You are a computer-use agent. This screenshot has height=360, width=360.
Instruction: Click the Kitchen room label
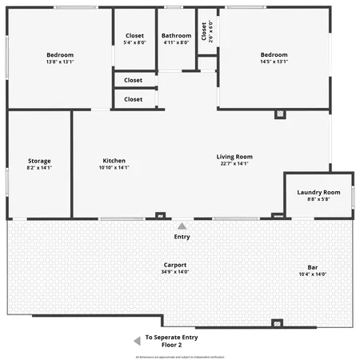[x=113, y=161]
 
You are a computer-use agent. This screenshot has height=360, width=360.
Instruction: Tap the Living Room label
[x=234, y=157]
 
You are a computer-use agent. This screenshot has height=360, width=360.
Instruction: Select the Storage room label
[x=39, y=161]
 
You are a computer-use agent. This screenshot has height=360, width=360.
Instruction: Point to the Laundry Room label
[x=318, y=192]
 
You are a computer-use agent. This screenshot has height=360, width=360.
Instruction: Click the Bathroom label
[x=176, y=36]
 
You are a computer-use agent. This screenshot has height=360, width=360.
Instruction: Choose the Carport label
[x=175, y=265]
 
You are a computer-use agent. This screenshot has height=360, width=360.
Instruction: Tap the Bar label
[x=312, y=267]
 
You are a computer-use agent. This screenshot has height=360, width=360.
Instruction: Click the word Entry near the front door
[x=182, y=237]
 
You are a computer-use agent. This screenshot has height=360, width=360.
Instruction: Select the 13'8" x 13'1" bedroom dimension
[x=60, y=62]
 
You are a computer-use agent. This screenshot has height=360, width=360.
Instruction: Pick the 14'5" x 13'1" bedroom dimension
[x=274, y=62]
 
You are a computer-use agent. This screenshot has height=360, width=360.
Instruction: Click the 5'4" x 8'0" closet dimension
[x=134, y=43]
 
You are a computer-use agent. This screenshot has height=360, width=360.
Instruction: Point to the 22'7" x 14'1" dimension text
[x=234, y=164]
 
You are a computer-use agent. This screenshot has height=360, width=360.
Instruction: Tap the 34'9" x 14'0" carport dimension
[x=175, y=272]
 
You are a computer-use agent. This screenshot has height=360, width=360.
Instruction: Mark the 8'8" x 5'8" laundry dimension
[x=318, y=199]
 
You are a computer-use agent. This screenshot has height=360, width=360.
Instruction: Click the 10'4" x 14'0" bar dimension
[x=312, y=274]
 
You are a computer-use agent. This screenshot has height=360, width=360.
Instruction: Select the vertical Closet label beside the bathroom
[x=205, y=30]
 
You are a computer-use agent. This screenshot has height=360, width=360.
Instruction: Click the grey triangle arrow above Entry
[x=182, y=226]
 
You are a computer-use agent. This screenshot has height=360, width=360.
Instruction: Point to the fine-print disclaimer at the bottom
[x=179, y=355]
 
